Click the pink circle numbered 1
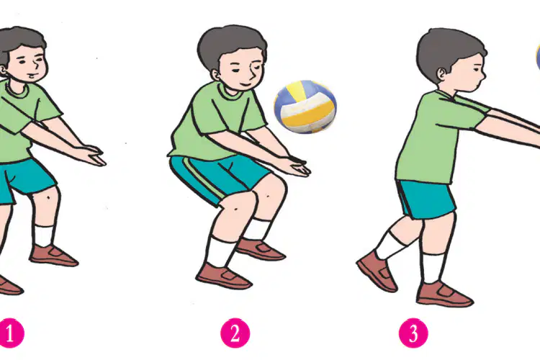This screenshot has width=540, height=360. pos(10,333)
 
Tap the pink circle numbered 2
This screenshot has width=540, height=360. pos(235,333)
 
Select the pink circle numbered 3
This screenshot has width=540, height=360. pos(413,333)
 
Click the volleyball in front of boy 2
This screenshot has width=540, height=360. pos(305,107)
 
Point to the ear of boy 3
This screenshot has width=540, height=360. pos(441,73)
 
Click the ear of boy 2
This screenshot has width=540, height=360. pos(216,75)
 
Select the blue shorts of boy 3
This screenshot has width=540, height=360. pos(426,199)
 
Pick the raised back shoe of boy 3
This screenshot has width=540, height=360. pos(377,271)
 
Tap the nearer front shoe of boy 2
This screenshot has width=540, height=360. pos(223,276)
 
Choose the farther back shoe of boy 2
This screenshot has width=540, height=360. pos(260,249)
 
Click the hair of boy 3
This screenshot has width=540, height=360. pos(448,51)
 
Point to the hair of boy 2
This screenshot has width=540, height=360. pos(230,47)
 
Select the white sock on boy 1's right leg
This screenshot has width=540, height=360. pos(44,235)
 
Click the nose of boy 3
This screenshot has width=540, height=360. pos(483,73)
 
